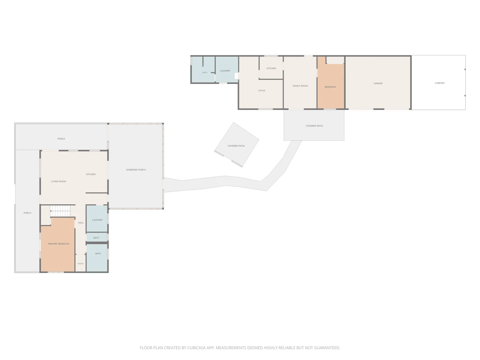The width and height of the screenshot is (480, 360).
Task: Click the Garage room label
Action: click(378, 83)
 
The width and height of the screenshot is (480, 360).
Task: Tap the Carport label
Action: click(440, 83)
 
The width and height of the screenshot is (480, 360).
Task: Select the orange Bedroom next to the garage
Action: click(331, 83)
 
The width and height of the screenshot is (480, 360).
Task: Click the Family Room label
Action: click(300, 86)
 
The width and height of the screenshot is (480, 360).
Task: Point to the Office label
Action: click(262, 90)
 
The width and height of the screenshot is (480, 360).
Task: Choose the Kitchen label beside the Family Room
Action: click(271, 68)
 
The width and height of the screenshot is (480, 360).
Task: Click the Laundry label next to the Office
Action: click(225, 71)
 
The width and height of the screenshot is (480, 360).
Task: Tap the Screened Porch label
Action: click(136, 170)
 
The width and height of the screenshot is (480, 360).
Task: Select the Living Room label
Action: click(58, 181)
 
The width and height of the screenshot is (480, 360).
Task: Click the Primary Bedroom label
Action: click(59, 244)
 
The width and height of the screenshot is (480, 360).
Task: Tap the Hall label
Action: click(81, 223)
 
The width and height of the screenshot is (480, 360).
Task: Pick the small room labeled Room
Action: click(80, 264)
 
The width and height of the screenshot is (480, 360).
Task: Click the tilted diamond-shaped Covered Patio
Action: click(237, 144)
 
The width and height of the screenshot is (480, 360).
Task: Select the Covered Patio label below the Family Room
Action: click(314, 126)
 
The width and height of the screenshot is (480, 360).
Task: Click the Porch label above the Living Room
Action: click(61, 139)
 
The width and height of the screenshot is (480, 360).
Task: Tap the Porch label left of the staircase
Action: click(27, 213)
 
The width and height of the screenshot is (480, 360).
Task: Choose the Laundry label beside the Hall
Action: click(97, 220)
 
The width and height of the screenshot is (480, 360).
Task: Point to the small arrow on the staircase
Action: click(51, 211)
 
